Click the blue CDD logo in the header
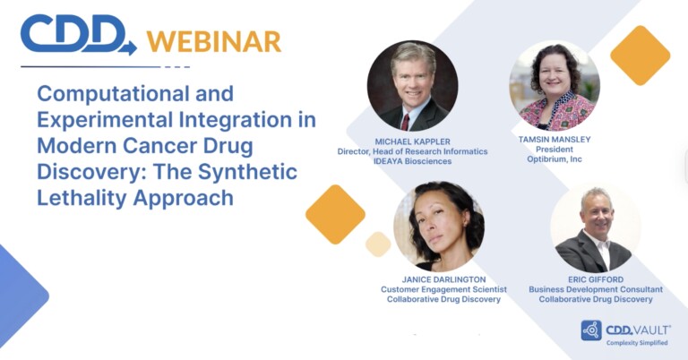(x=79, y=34)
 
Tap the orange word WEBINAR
(x=214, y=42)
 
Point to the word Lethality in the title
(x=82, y=198)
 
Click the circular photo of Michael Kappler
(x=412, y=86)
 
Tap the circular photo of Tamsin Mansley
(x=555, y=85)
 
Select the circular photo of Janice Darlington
(x=439, y=226)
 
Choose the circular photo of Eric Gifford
(x=595, y=228)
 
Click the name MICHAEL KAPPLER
(x=412, y=141)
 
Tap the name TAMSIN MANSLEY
(x=555, y=140)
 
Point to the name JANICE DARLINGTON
(x=443, y=279)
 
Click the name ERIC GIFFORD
(x=596, y=279)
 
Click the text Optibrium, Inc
(x=555, y=159)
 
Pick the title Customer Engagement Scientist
(x=443, y=289)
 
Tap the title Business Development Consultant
(x=596, y=289)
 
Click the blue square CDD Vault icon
(x=591, y=330)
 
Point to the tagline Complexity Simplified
(x=637, y=342)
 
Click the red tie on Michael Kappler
(x=406, y=122)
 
